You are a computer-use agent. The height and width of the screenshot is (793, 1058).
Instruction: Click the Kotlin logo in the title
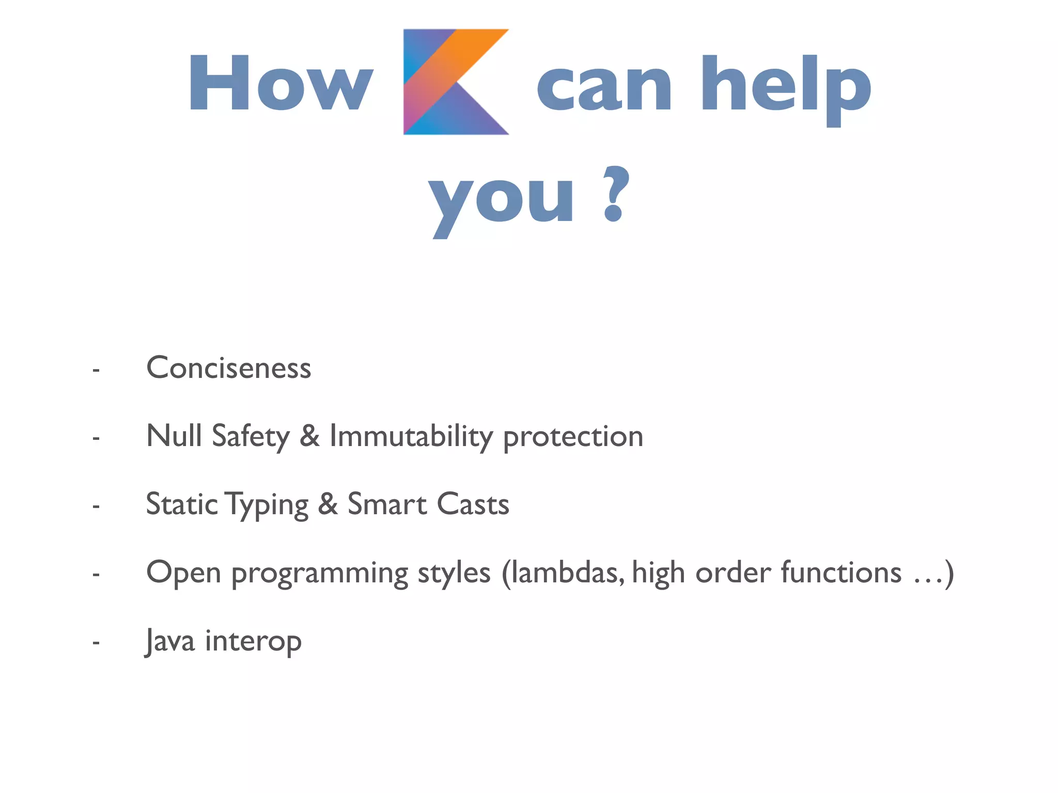coord(456,82)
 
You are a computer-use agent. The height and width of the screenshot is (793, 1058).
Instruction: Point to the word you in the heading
coord(501,199)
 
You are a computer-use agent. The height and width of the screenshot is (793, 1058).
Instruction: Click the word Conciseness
coord(229,368)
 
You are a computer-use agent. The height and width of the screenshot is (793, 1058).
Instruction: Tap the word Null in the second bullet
coord(174,436)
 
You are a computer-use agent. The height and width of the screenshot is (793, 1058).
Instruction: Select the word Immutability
coord(411,437)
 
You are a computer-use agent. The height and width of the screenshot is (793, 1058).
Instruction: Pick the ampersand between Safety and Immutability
coord(309,436)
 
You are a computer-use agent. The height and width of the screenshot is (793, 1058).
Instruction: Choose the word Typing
coord(267,505)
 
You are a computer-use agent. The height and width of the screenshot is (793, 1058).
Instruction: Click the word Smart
coord(387,504)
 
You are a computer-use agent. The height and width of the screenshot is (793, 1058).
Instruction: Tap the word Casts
coord(473,504)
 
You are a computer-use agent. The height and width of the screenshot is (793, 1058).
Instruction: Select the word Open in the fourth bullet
coord(184,573)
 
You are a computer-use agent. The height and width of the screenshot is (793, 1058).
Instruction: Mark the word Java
coord(170,641)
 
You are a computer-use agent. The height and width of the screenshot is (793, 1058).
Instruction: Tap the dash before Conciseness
coord(96,370)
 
